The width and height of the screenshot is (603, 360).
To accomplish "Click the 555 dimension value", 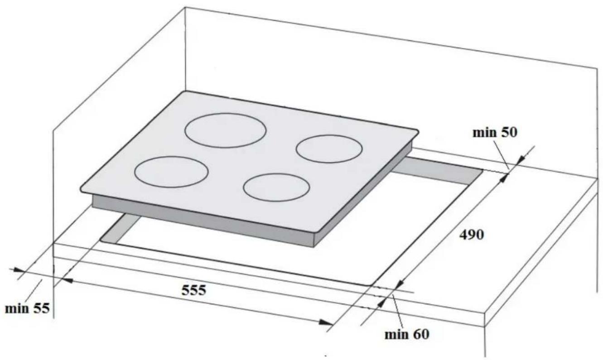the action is pos(194,290).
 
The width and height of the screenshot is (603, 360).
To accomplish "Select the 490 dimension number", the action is pos(471,235).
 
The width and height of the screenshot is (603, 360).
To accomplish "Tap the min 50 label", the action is pos(495,133).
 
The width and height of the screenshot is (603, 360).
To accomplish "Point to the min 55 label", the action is pos(27,308).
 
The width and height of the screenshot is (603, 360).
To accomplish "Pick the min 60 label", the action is pos(407,335).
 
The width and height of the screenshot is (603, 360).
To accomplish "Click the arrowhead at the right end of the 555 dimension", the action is pos(326,322).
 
